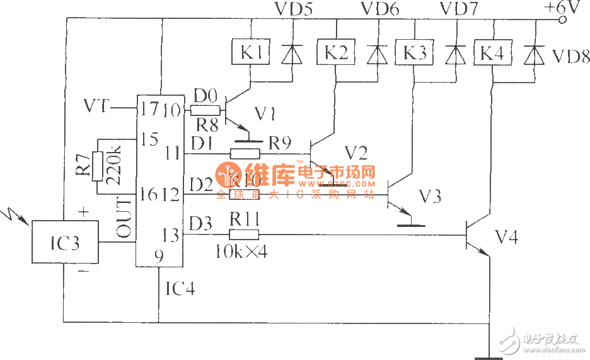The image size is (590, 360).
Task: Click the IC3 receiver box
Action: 65,242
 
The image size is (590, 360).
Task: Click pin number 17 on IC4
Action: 149,109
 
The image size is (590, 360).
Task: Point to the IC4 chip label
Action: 180,290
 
